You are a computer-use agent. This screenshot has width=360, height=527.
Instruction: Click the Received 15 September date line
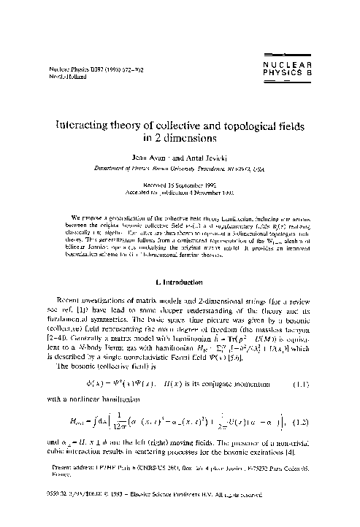pyautogui.click(x=180, y=185)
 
